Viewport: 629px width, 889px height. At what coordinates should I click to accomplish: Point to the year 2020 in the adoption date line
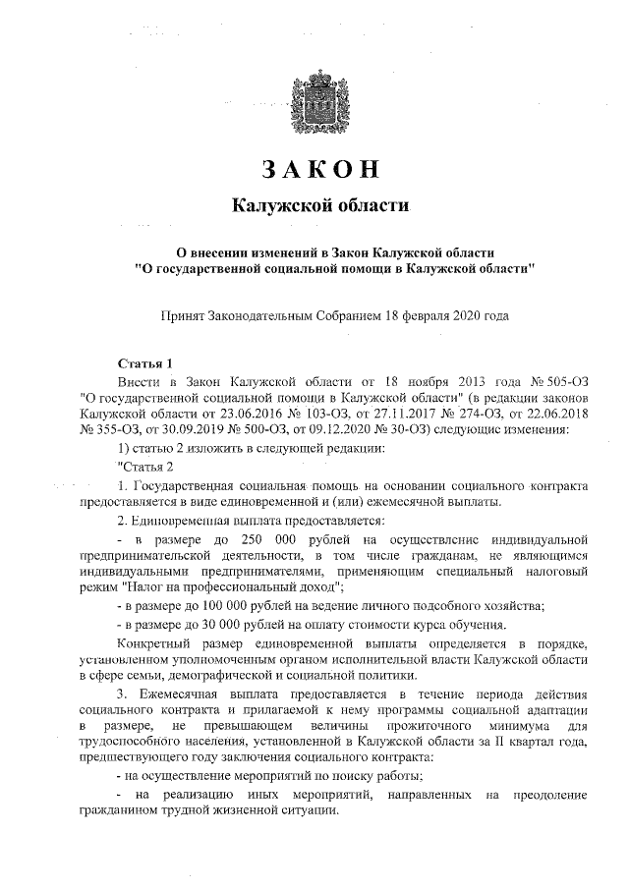click(462, 316)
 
